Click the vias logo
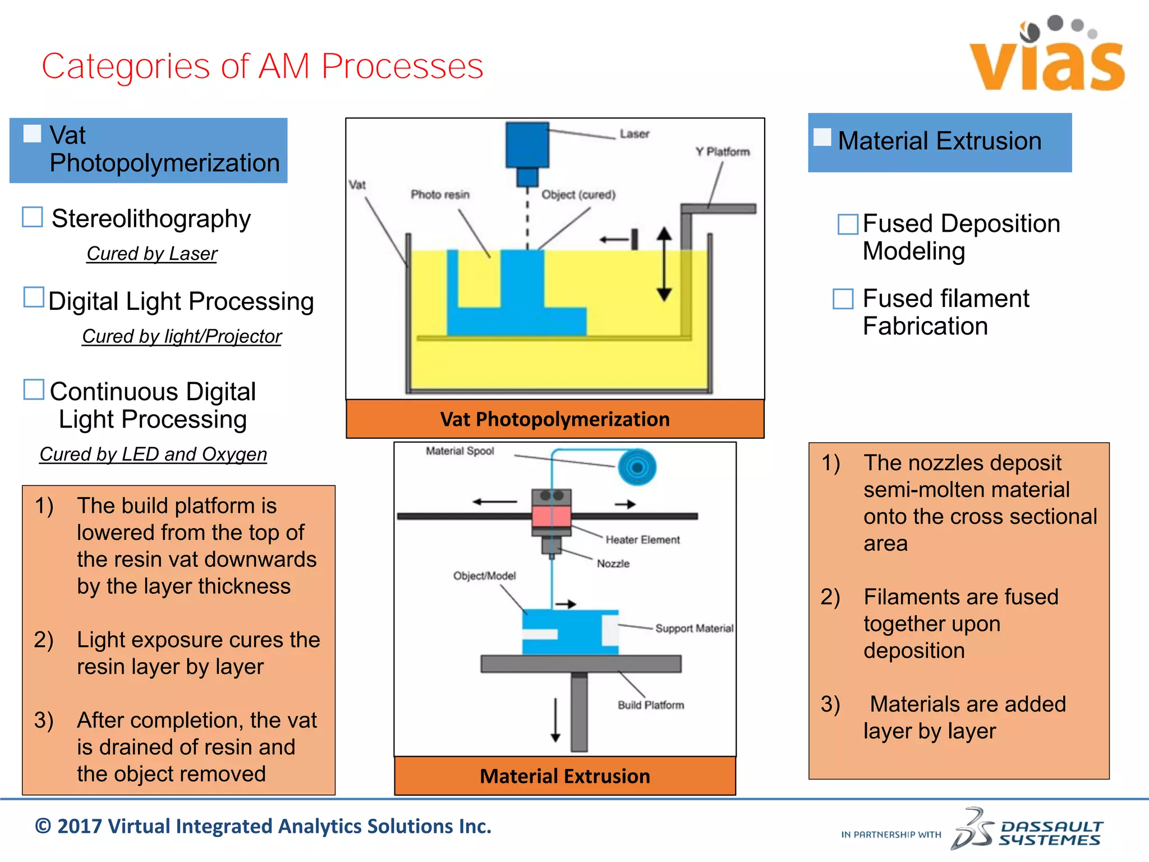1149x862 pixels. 1047,56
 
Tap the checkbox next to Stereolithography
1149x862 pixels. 33,217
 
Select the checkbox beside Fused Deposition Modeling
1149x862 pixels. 847,224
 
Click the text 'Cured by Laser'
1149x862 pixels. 151,254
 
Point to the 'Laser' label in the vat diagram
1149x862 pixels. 634,134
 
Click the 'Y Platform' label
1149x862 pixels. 722,152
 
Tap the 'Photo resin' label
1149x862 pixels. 440,195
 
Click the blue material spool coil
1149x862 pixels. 637,467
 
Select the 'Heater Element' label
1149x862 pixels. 642,540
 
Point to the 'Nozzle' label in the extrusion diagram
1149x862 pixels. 613,563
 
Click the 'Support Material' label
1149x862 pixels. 694,629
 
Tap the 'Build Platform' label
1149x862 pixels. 651,705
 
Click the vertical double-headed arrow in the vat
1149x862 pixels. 664,264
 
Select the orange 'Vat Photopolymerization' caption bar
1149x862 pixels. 555,419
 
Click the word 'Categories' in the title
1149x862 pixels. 126,66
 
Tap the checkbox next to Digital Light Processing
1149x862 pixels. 34,297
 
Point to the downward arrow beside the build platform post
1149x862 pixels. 555,719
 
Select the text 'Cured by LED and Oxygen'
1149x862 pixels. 153,455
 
